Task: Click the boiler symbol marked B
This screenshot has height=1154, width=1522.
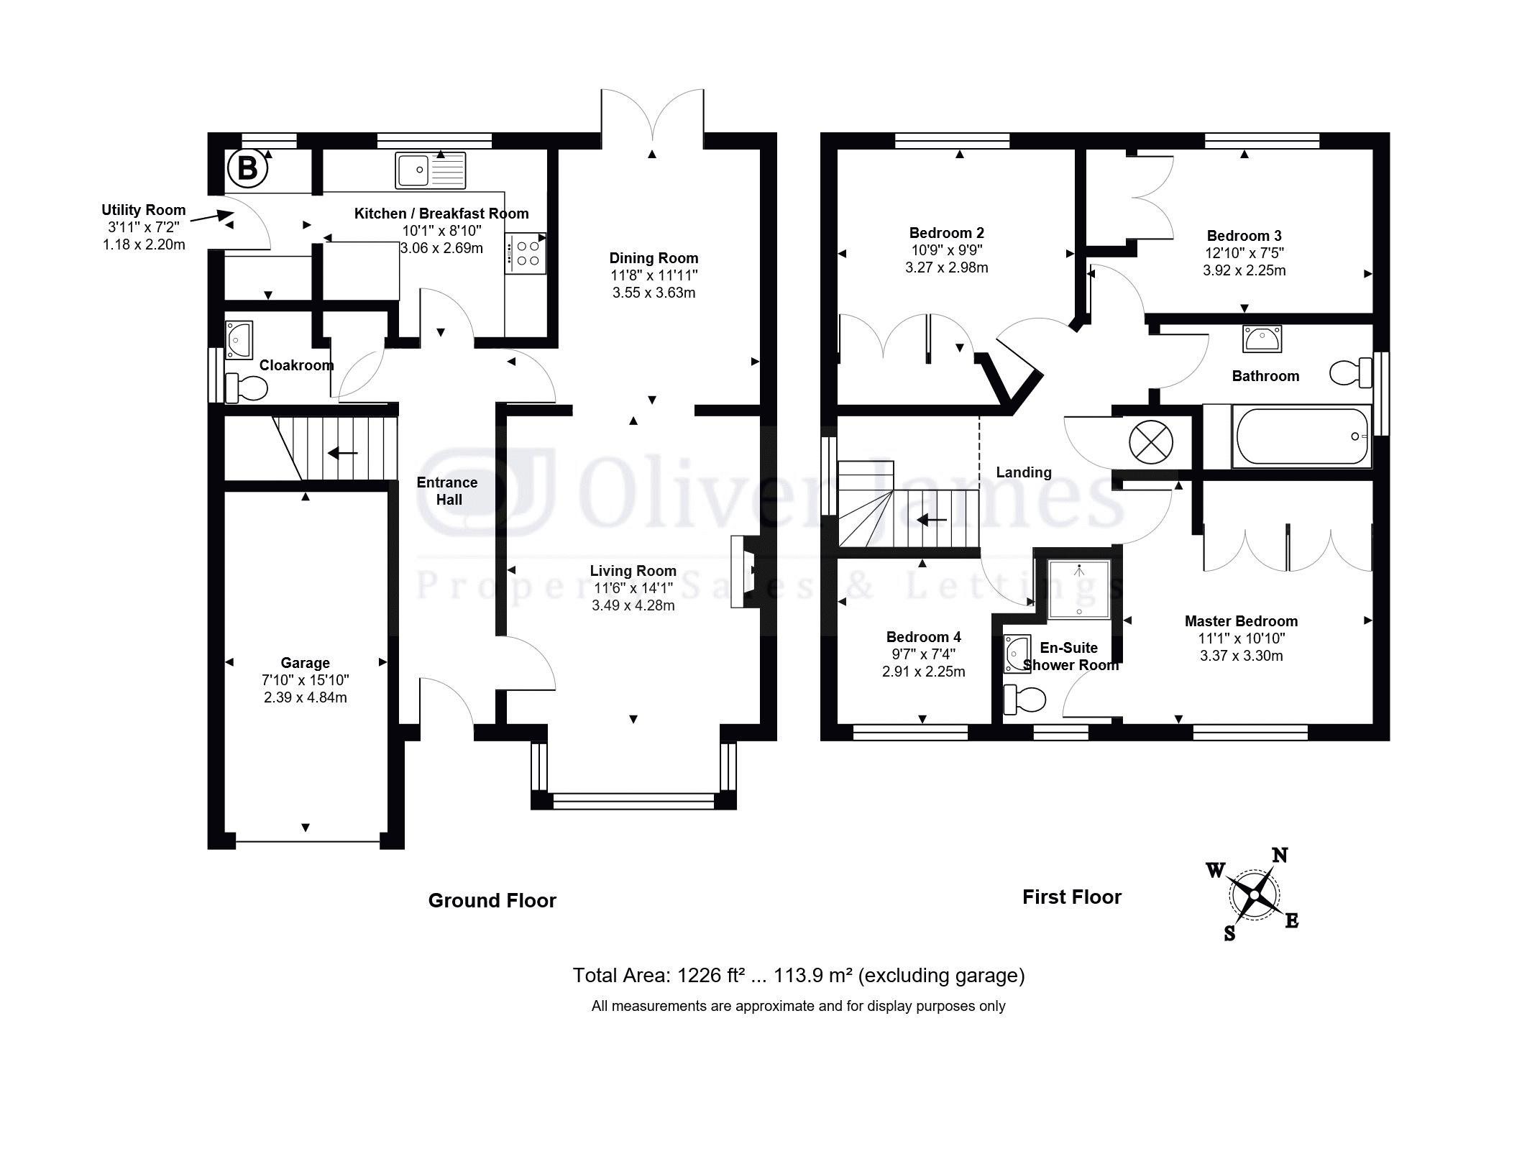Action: pyautogui.click(x=247, y=169)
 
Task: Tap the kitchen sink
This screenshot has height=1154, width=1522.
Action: pyautogui.click(x=430, y=171)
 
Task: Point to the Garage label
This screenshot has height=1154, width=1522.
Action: pyautogui.click(x=305, y=663)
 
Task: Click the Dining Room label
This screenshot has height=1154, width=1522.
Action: pyautogui.click(x=654, y=258)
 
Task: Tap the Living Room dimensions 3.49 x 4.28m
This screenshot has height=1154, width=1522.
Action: pyautogui.click(x=633, y=605)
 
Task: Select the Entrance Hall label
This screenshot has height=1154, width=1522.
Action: pyautogui.click(x=447, y=491)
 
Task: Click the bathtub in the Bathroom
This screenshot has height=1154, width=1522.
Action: pyautogui.click(x=1301, y=436)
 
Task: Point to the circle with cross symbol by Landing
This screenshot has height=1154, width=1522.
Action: pyautogui.click(x=1150, y=441)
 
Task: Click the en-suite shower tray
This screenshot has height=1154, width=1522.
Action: pyautogui.click(x=1078, y=589)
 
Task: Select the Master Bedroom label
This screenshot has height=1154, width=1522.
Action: pyautogui.click(x=1241, y=621)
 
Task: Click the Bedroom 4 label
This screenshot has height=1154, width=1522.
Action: pyautogui.click(x=923, y=637)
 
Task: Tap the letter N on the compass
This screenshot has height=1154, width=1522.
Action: pyautogui.click(x=1280, y=855)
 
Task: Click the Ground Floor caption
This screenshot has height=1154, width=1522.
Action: pyautogui.click(x=492, y=900)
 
